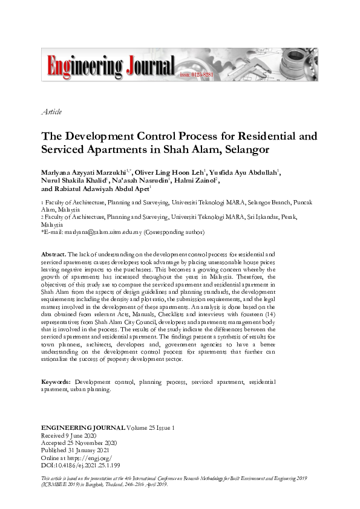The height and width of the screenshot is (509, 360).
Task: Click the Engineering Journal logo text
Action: [108, 65]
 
